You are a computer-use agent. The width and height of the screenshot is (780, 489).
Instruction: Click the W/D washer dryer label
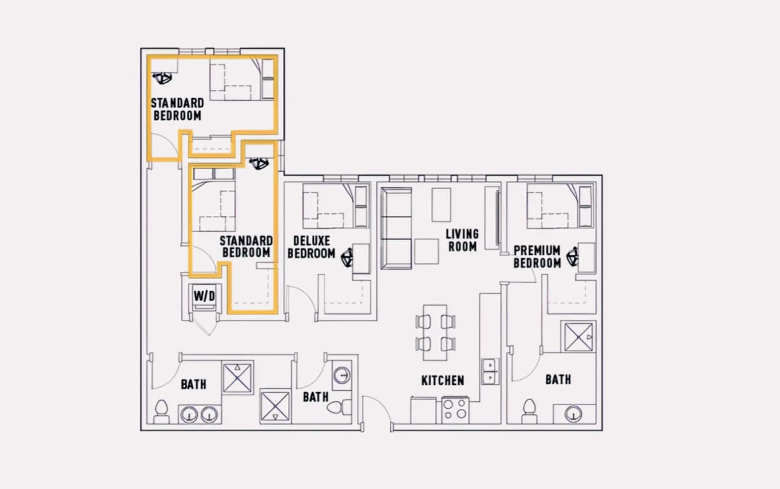click(204, 297)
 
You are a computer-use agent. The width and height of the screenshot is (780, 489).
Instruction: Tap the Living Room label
click(462, 240)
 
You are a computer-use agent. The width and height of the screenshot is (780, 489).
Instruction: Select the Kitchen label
click(443, 380)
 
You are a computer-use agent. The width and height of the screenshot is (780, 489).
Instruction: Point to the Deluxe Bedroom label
click(311, 247)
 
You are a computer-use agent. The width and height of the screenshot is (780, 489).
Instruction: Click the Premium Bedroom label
click(538, 257)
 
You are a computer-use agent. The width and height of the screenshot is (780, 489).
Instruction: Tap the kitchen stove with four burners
click(455, 410)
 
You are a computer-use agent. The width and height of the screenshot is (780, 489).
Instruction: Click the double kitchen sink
click(490, 371)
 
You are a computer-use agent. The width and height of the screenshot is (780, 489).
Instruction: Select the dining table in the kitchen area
click(435, 333)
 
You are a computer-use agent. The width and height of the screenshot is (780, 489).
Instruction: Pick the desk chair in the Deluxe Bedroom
click(347, 258)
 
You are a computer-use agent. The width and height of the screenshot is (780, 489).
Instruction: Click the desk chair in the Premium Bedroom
click(573, 257)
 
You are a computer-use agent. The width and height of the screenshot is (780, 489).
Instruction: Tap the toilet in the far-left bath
click(161, 412)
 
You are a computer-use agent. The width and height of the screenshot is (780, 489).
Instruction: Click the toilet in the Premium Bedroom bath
click(529, 411)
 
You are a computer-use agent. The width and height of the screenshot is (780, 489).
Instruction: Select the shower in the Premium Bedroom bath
click(578, 337)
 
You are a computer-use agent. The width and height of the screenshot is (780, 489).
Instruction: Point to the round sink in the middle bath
click(342, 375)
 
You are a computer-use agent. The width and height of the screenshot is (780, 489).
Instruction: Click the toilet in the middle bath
click(339, 407)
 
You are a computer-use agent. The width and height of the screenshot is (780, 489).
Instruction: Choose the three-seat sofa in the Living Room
click(396, 228)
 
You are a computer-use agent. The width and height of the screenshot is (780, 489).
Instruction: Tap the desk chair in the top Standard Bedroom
click(162, 78)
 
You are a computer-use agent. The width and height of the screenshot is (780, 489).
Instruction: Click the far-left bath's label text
click(194, 384)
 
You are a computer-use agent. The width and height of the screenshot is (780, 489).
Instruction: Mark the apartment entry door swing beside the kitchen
click(377, 413)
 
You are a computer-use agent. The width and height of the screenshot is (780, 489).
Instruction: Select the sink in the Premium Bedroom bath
click(573, 414)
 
